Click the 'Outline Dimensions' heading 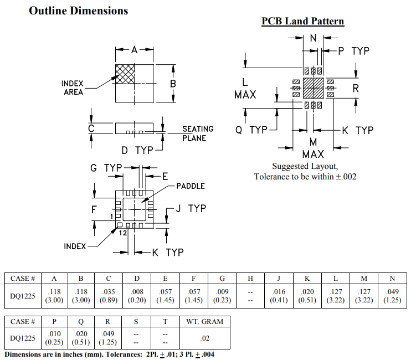pyautogui.click(x=78, y=11)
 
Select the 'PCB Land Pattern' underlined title pyautogui.click(x=302, y=21)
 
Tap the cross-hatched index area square pyautogui.click(x=125, y=74)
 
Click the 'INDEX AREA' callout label pyautogui.click(x=73, y=88)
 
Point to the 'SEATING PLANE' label pyautogui.click(x=198, y=133)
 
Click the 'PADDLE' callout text pyautogui.click(x=191, y=186)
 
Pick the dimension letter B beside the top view pyautogui.click(x=173, y=84)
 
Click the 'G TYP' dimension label pyautogui.click(x=106, y=167)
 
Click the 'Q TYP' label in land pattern pyautogui.click(x=251, y=130)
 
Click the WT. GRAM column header pyautogui.click(x=205, y=321)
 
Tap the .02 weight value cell pyautogui.click(x=205, y=337)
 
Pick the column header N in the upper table pyautogui.click(x=392, y=277)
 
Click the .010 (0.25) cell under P pyautogui.click(x=54, y=337)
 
